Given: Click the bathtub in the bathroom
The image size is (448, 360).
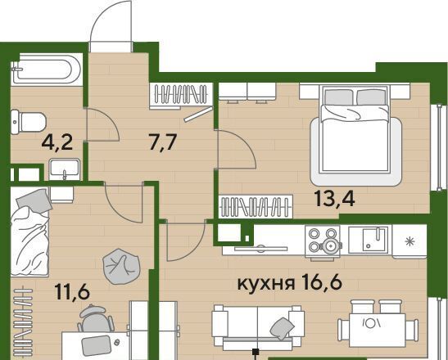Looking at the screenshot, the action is [47, 70].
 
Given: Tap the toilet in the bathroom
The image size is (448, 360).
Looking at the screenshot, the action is [29, 122].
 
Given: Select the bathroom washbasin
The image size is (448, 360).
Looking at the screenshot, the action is [64, 169].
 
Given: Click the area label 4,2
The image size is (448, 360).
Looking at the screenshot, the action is [57, 142].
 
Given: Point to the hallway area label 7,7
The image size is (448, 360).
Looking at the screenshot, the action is [162, 142].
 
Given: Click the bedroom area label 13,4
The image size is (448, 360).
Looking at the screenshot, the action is [335, 199].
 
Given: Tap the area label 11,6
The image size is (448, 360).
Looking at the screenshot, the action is [73, 292].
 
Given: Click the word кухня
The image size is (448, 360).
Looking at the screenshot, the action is [266, 283].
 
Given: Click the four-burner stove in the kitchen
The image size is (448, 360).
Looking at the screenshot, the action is [323, 241].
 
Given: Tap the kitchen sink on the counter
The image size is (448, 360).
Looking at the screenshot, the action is [369, 240].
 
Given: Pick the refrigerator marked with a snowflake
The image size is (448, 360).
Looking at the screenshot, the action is [410, 241].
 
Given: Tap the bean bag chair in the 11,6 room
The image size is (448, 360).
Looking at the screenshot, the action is [121, 267].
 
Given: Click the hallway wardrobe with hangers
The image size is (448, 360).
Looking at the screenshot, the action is [181, 96].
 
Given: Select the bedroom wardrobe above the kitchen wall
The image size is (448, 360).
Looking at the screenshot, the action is [256, 206].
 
